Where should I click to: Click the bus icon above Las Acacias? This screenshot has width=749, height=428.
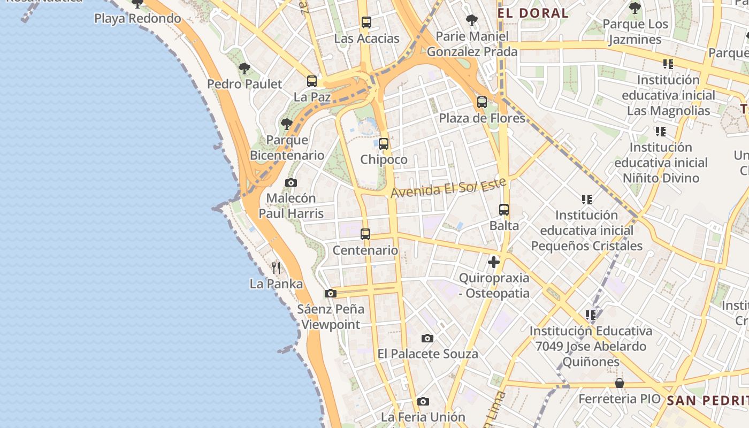coord(366,22)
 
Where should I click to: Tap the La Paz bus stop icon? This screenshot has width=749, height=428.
coord(312,81)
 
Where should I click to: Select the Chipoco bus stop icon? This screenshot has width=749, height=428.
coord(384,144)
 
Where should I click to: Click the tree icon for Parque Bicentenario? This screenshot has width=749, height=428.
coord(287,124)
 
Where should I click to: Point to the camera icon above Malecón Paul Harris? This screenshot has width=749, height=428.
coord(291,182)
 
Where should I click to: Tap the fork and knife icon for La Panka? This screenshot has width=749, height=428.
coord(276,267)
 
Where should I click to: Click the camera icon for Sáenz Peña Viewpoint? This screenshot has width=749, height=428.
coord(331,293)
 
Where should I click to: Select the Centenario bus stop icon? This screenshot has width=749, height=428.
coord(365,234)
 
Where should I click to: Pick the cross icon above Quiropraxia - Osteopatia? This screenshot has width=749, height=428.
coord(494,262)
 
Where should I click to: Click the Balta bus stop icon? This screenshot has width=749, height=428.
coord(504,210)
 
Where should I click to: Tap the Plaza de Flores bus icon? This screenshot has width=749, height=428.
coord(482,102)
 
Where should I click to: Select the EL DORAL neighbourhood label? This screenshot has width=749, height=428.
coord(533,13)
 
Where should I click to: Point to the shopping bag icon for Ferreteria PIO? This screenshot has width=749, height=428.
coord(620,383)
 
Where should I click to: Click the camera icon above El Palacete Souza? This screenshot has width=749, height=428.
coord(427,338)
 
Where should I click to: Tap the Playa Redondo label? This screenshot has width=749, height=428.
coord(137,19)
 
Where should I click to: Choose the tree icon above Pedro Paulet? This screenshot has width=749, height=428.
coord(244,68)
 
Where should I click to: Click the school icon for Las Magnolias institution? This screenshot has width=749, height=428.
coord(668,64)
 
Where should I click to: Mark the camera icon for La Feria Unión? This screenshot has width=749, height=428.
coord(423,401)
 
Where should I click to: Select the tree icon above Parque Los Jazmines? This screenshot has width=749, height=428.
coord(635,8)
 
